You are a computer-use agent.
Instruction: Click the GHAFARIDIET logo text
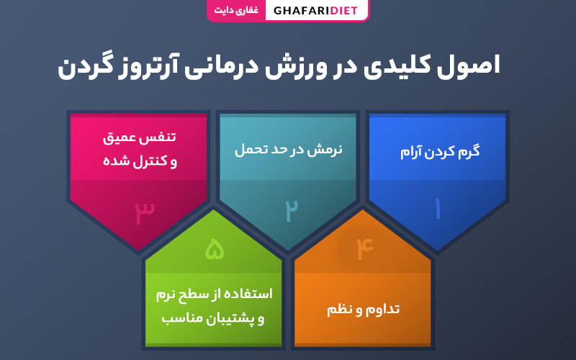pos(315,10)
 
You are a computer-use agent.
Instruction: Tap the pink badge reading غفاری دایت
pos(236,10)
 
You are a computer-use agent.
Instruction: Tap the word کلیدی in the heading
pos(397,66)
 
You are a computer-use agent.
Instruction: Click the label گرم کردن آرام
pos(440,151)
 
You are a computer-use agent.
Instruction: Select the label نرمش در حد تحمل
pos(289,150)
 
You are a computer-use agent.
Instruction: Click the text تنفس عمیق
pos(139,138)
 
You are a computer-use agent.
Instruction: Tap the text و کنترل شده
pos(140,161)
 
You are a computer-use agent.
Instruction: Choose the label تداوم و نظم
pos(364,310)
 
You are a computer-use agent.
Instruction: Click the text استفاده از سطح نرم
pos(214,294)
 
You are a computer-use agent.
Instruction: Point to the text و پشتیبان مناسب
pos(213,318)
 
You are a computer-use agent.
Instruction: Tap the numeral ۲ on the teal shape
pos(292,210)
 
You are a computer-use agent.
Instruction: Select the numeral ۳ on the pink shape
pos(145,212)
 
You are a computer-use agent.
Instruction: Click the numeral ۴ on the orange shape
pos(365,248)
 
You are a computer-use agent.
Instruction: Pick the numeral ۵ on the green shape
pos(215,248)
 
